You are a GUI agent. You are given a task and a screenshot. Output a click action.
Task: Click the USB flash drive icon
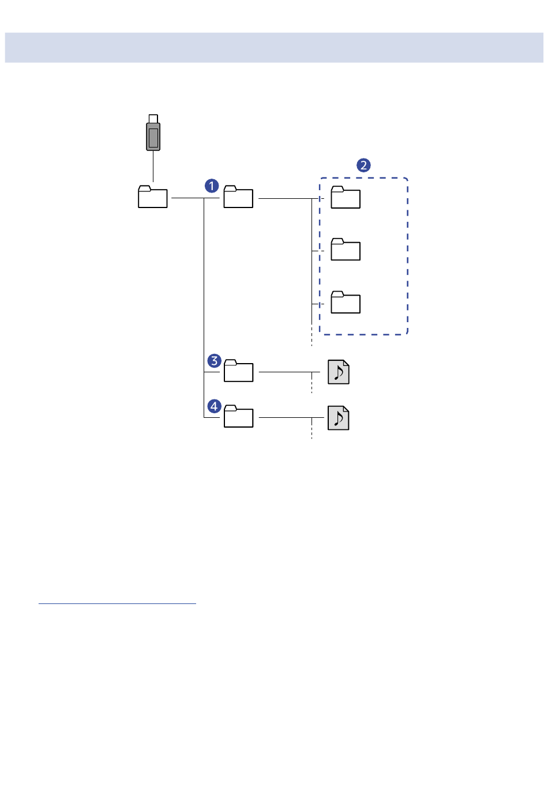tap(153, 133)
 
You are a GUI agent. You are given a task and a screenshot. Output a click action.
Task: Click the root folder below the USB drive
tap(153, 197)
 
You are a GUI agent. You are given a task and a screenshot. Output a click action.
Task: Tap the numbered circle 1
tap(212, 186)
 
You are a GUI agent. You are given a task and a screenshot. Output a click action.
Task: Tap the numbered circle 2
tap(363, 165)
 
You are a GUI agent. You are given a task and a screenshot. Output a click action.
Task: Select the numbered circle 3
tap(214, 361)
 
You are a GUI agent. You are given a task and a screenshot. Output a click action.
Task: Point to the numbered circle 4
tap(214, 406)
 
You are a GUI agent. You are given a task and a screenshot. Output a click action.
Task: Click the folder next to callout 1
tap(238, 197)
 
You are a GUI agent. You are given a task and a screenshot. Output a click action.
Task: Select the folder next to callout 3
tap(239, 371)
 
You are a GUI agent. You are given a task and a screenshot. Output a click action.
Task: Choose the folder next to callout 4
tap(239, 416)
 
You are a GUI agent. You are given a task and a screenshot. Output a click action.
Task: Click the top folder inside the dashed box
tap(346, 197)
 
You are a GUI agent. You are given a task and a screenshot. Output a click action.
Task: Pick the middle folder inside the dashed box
tap(346, 250)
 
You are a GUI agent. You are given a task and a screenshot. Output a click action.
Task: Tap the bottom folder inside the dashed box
tap(346, 302)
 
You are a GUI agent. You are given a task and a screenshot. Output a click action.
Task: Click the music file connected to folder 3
tap(339, 372)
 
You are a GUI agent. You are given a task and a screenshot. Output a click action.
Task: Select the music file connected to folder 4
tap(339, 418)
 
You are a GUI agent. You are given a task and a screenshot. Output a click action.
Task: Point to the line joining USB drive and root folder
tap(153, 166)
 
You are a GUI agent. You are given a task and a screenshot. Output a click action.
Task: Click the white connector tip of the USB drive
tap(153, 119)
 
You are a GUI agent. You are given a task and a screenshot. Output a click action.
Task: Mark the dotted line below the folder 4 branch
tap(311, 428)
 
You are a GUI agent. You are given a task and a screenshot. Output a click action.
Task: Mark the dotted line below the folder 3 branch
tap(311, 383)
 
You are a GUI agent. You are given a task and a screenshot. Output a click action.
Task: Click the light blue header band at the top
tap(274, 48)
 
